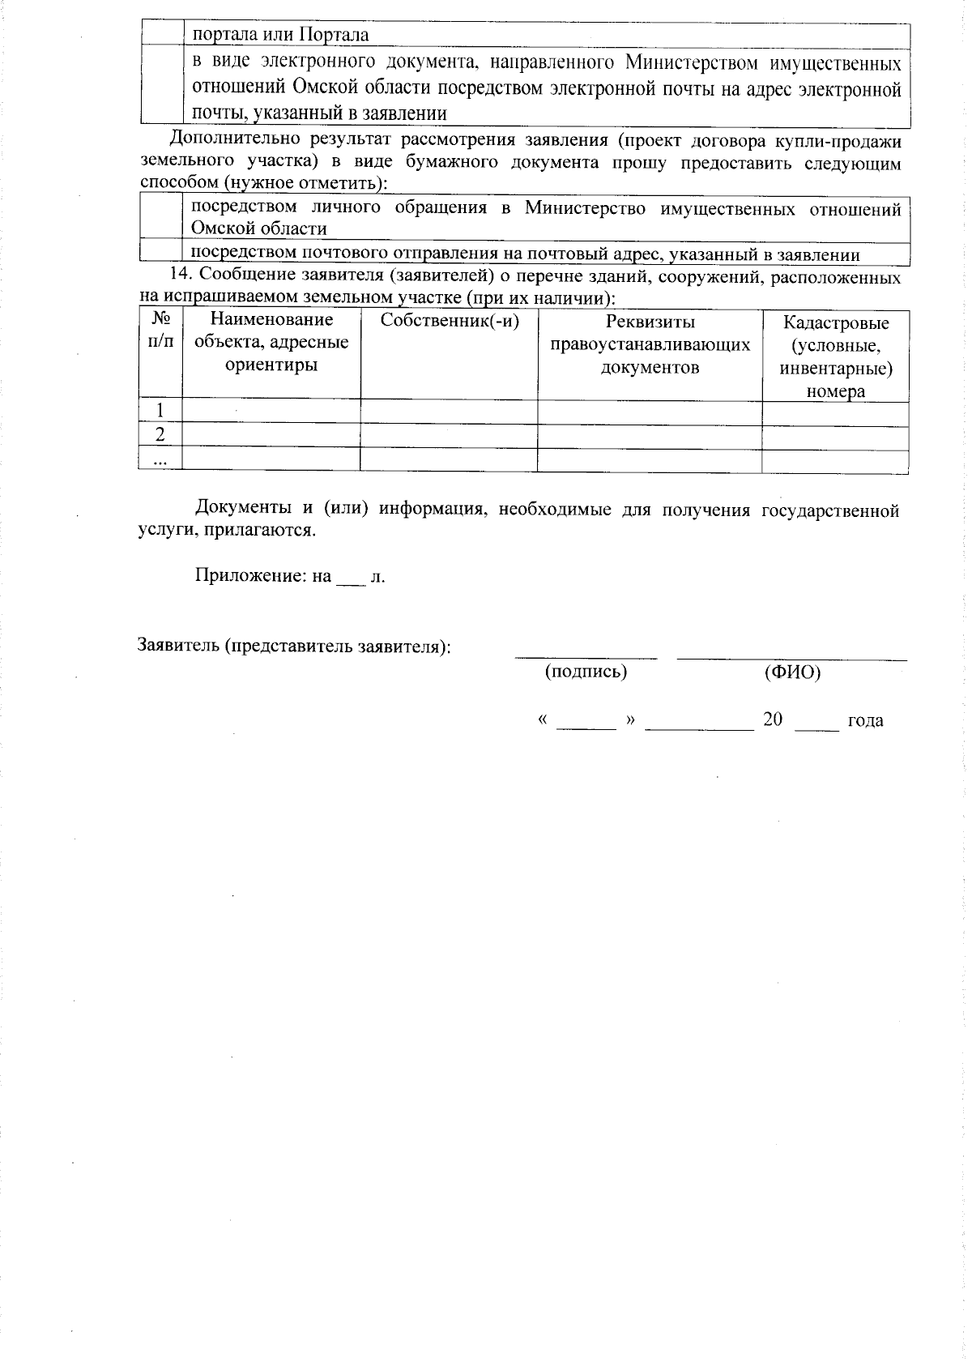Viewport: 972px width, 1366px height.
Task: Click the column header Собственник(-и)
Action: (449, 321)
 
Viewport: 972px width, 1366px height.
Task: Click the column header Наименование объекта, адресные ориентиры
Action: (271, 342)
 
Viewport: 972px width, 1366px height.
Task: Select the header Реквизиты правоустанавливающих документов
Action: (650, 345)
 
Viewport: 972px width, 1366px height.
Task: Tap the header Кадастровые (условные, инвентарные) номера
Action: (835, 356)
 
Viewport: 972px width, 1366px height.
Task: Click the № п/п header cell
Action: (160, 331)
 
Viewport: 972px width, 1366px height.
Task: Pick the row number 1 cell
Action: (160, 411)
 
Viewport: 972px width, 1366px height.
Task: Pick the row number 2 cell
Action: (160, 435)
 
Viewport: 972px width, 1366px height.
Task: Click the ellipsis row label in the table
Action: (160, 459)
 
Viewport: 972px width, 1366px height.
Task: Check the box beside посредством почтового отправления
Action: (160, 252)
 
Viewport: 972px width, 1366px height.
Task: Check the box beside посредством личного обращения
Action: (160, 217)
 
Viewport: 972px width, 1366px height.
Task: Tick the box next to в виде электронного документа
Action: (160, 86)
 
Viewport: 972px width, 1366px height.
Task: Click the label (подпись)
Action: (586, 672)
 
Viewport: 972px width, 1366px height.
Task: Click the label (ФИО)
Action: (791, 672)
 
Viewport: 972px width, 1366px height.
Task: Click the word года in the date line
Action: (864, 720)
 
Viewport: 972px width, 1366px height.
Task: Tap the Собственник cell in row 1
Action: (449, 412)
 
